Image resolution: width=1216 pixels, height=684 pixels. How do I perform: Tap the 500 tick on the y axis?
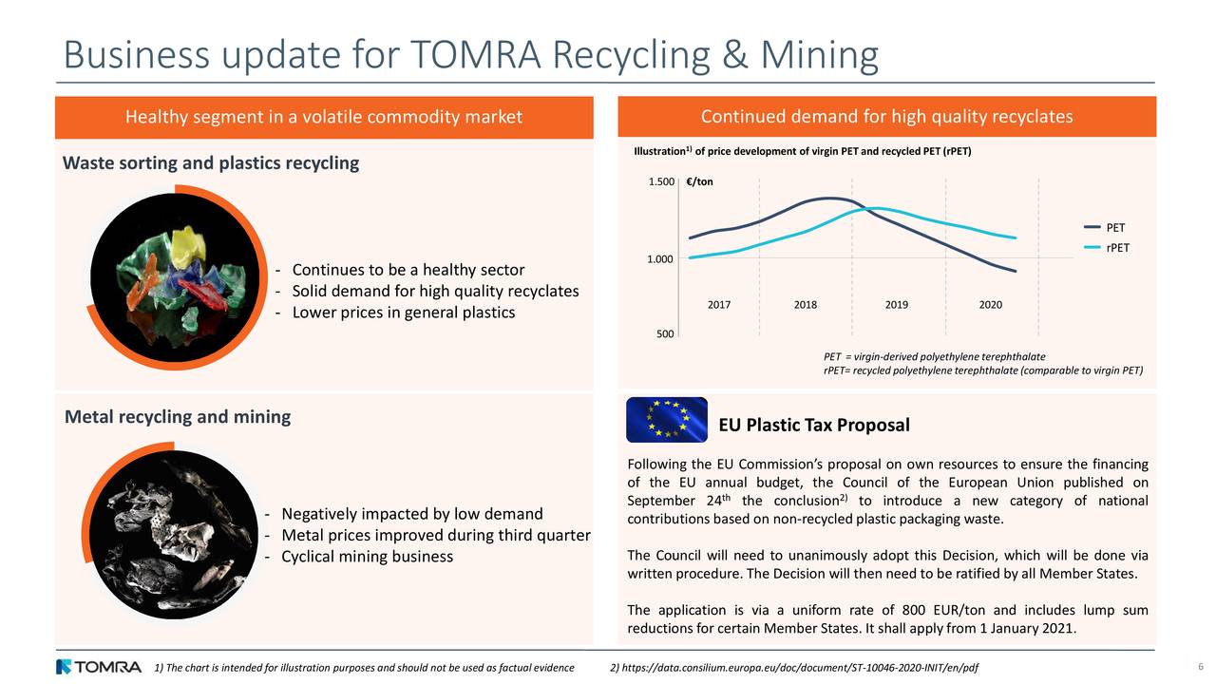click(665, 334)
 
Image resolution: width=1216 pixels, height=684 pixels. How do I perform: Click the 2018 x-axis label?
click(805, 305)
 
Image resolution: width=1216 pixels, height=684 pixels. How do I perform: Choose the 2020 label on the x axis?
click(990, 305)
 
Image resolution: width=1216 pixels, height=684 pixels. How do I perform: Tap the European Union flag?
click(667, 420)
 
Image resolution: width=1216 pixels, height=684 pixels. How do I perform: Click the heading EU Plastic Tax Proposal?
click(814, 425)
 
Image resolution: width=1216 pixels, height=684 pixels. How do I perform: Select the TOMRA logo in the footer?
click(99, 667)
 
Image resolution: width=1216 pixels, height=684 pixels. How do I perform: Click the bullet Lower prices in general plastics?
click(403, 313)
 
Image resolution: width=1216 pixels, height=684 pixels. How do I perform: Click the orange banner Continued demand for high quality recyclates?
click(886, 117)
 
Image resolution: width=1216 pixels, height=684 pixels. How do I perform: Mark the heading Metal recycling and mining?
click(178, 417)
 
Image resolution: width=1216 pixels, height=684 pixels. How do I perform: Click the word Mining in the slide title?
click(818, 55)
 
